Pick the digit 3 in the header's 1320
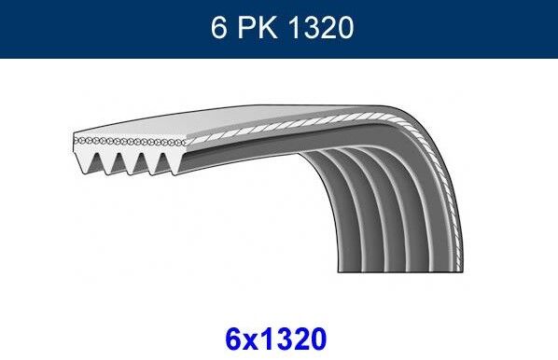pyautogui.click(x=312, y=29)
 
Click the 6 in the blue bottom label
pyautogui.click(x=235, y=334)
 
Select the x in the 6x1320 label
pyautogui.click(x=254, y=336)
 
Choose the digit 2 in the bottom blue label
pyautogui.click(x=300, y=334)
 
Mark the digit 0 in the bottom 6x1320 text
pyautogui.click(x=319, y=334)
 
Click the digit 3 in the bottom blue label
pyautogui.click(x=283, y=334)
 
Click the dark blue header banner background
pyautogui.click(x=93, y=29)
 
